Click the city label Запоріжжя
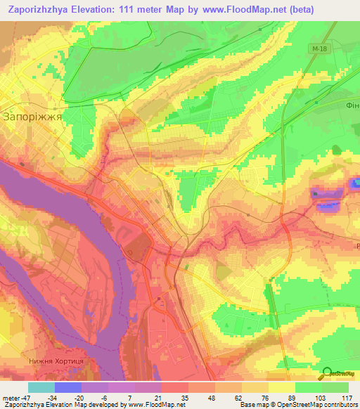(x=33, y=117)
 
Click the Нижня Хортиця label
(x=56, y=361)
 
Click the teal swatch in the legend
(x=41, y=387)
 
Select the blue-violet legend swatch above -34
(x=68, y=387)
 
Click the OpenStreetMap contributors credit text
(x=320, y=405)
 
